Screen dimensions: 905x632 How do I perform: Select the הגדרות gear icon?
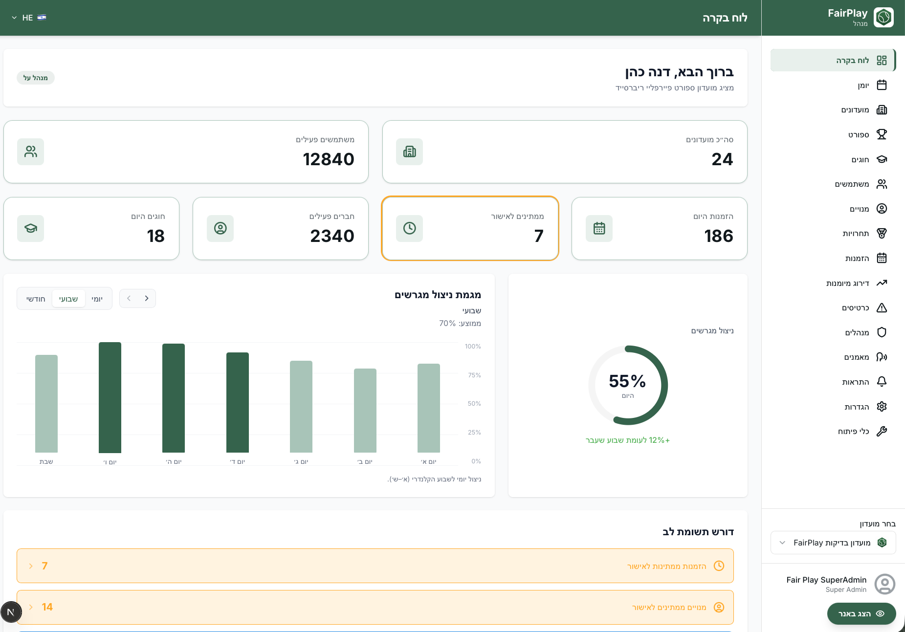click(x=882, y=407)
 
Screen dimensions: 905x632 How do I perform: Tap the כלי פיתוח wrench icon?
click(x=882, y=431)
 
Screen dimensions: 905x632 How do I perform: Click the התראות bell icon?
click(x=882, y=382)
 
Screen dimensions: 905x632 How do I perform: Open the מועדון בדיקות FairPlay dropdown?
click(x=833, y=543)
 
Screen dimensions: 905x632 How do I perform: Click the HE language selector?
click(x=29, y=18)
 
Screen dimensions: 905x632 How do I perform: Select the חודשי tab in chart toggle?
click(x=36, y=299)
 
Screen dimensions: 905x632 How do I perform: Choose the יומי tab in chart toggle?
click(x=97, y=299)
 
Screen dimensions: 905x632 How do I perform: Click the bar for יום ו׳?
click(x=110, y=397)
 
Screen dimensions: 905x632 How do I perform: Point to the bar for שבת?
click(x=46, y=404)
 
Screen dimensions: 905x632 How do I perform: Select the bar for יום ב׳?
click(x=365, y=411)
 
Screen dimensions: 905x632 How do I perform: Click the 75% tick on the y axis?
click(x=474, y=375)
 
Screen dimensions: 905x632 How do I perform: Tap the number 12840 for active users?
click(x=329, y=159)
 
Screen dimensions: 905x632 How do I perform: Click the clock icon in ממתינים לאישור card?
click(x=410, y=228)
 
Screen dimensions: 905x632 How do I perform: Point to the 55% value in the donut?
click(x=627, y=381)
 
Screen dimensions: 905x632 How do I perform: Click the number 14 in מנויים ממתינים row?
click(x=47, y=607)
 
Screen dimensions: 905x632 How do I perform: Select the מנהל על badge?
click(x=36, y=78)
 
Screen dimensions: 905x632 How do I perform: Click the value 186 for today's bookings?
click(x=719, y=236)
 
